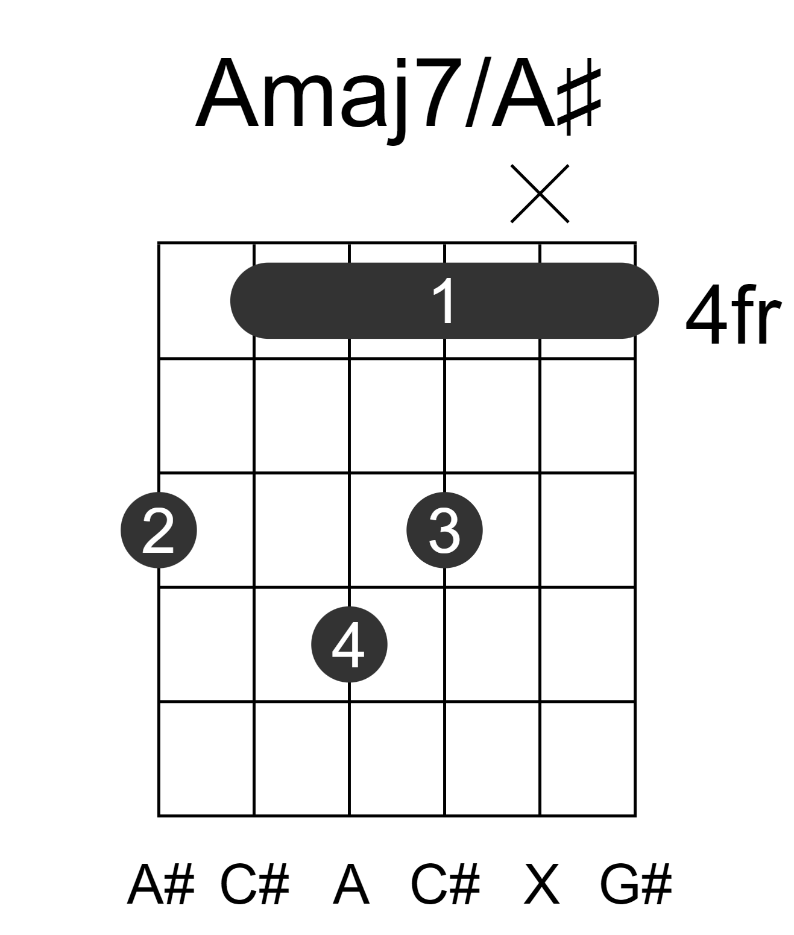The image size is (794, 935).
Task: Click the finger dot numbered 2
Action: (159, 530)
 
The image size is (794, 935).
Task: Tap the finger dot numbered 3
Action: (445, 530)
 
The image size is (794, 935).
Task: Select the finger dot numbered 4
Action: (349, 644)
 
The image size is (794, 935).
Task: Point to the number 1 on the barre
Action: (444, 301)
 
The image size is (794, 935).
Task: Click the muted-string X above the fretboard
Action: (540, 194)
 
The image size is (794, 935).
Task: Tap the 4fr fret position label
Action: (733, 315)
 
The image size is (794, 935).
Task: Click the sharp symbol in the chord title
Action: (579, 96)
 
